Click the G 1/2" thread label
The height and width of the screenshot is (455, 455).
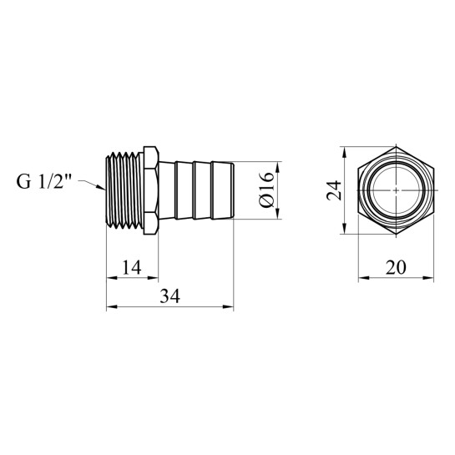[x=43, y=182]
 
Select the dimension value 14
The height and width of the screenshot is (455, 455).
[x=131, y=267]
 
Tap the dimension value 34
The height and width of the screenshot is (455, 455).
[x=169, y=296]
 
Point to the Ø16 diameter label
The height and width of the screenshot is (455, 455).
[x=266, y=190]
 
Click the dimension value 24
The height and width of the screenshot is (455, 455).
[x=334, y=190]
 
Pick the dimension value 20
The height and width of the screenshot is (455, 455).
[x=396, y=267]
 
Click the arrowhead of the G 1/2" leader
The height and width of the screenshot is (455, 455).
[x=101, y=187]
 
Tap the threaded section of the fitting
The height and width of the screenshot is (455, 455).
[x=124, y=190]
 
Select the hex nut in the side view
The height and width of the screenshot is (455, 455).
[x=151, y=190]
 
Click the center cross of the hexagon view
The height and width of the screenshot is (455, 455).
[x=397, y=190]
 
